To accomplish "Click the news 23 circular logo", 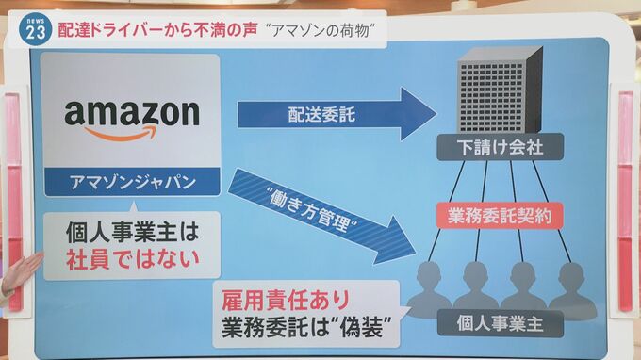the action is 35,30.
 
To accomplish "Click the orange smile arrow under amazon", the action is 121,134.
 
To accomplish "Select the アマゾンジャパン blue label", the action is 132,182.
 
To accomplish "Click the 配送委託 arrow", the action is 337,114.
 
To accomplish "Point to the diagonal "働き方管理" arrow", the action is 321,217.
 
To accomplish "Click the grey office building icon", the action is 500,90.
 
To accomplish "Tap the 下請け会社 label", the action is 500,147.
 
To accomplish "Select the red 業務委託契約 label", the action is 500,216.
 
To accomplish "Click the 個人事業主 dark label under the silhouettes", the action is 500,323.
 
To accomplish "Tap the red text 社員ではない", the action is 133,259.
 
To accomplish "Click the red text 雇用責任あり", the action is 286,301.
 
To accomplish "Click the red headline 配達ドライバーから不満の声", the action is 157,30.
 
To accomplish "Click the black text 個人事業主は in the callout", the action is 133,232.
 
